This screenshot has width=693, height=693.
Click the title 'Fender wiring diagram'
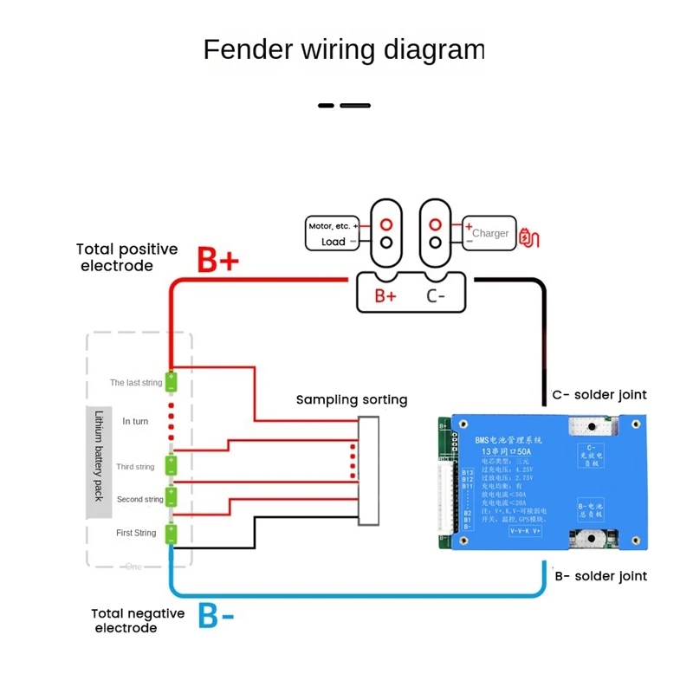(343, 49)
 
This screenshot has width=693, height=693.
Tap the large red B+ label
(218, 259)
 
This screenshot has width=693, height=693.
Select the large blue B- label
(217, 615)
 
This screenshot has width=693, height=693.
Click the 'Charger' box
(489, 233)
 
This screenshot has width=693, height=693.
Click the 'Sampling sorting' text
(352, 399)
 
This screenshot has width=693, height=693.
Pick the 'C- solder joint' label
(599, 395)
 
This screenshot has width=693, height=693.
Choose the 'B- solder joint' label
(599, 576)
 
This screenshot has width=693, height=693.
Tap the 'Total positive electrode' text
(126, 257)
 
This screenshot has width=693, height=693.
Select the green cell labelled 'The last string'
(172, 380)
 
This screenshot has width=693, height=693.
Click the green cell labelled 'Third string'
(172, 464)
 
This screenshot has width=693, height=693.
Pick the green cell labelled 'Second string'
(172, 499)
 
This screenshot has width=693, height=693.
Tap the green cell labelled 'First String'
(172, 532)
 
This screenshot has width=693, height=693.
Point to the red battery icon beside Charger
(528, 235)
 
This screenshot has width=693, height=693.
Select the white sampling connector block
(369, 471)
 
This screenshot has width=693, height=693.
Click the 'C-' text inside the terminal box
(437, 295)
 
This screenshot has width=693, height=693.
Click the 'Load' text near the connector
(334, 243)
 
